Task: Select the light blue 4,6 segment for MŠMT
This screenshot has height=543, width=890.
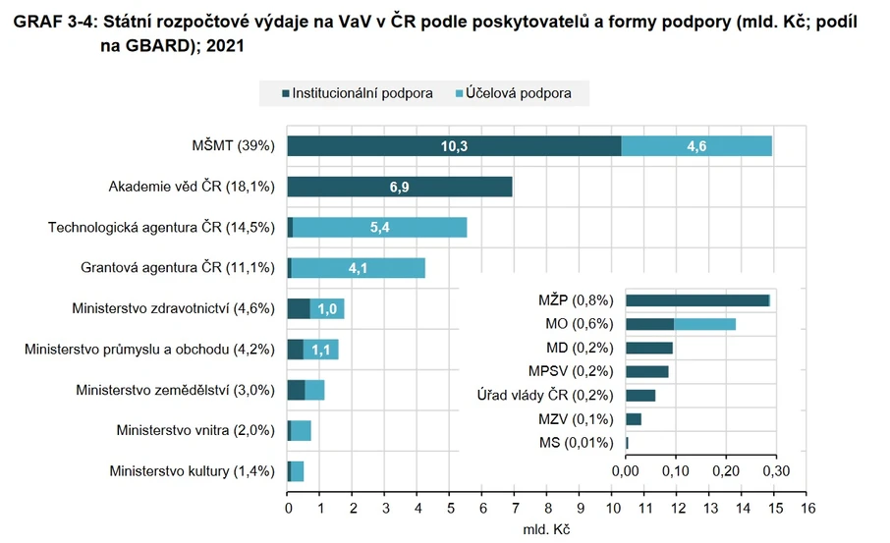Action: click(x=696, y=146)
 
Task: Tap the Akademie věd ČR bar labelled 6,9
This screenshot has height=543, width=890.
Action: click(x=400, y=187)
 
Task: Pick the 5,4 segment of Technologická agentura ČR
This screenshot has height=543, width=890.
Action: click(x=379, y=228)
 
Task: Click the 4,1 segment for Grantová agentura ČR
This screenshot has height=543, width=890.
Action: click(x=358, y=268)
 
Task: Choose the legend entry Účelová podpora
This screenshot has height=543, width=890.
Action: click(x=526, y=93)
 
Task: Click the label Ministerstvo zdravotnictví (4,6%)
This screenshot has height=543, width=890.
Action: click(x=173, y=308)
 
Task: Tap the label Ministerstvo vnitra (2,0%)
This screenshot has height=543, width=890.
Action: click(x=195, y=430)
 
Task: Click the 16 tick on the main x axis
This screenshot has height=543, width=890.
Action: click(x=808, y=509)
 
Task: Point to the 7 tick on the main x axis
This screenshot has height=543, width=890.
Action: click(x=516, y=509)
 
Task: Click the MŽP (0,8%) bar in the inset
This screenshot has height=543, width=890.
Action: click(x=697, y=300)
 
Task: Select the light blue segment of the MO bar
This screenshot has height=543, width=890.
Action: click(x=704, y=324)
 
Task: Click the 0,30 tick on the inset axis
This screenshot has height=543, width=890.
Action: click(x=776, y=471)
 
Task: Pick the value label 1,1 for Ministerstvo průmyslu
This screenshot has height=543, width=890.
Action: click(x=321, y=350)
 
